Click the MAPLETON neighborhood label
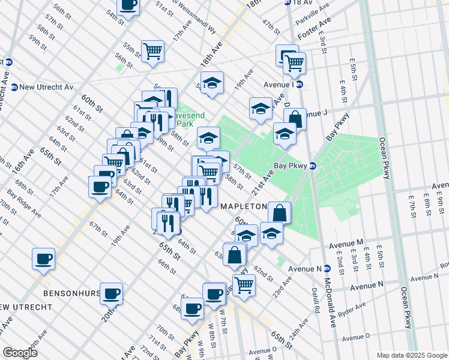(x=244, y=206)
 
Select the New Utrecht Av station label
(x=46, y=87)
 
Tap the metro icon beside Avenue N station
(x=328, y=269)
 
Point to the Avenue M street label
(x=347, y=243)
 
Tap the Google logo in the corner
(x=20, y=352)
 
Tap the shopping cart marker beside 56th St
(x=152, y=50)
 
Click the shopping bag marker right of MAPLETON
(x=279, y=212)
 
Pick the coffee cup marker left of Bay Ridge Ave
(x=43, y=259)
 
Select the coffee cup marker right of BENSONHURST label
(x=112, y=293)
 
